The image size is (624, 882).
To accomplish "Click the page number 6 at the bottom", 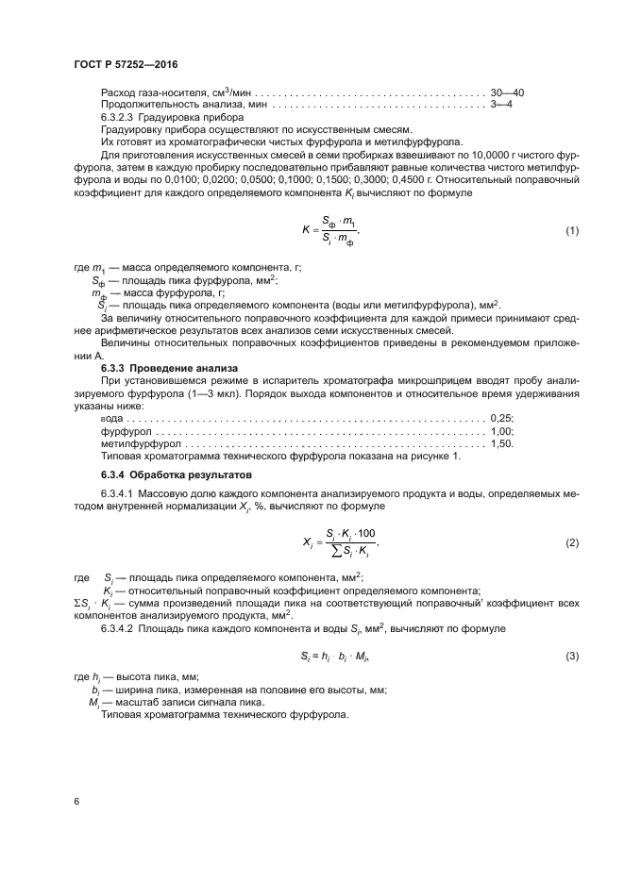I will (75, 802).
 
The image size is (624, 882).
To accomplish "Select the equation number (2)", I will (571, 543).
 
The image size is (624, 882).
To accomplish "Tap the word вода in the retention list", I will (111, 418).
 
